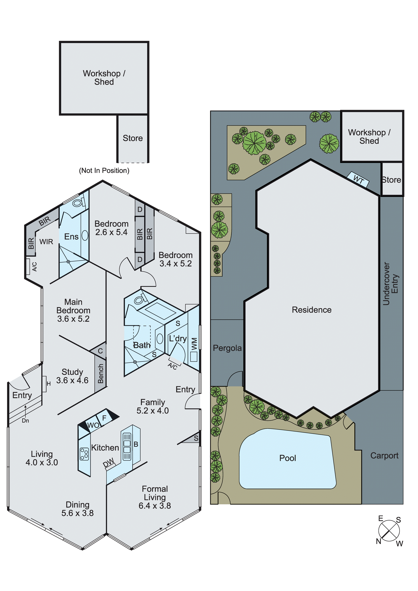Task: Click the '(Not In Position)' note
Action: (104, 170)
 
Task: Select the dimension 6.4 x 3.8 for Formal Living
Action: (155, 506)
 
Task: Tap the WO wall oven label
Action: (93, 425)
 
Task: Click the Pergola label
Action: (227, 348)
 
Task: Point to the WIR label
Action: (46, 242)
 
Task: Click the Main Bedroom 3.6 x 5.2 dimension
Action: (73, 319)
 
